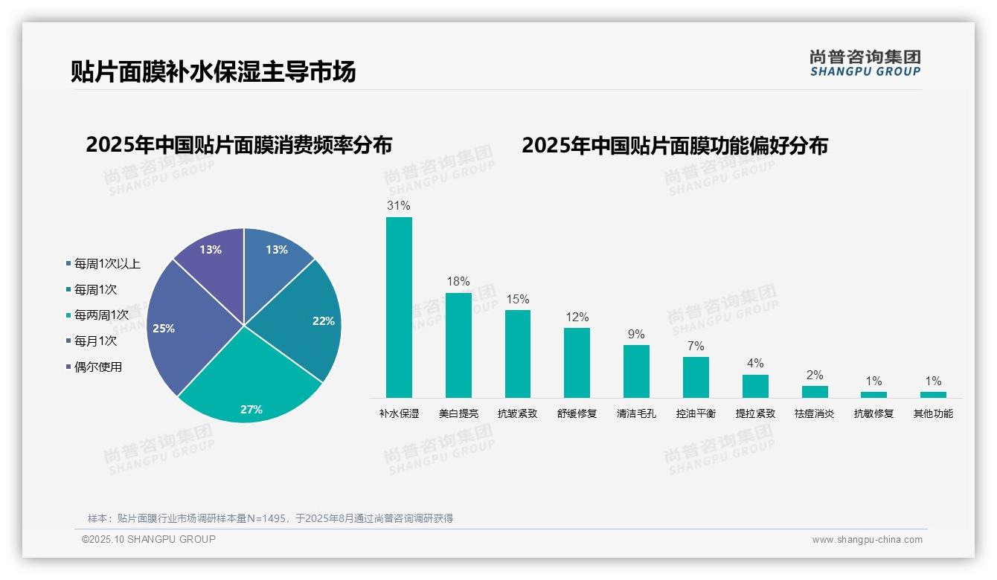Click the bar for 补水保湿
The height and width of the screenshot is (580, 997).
(399, 307)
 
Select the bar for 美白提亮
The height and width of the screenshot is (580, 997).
(458, 345)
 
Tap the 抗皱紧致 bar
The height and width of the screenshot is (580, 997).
(518, 353)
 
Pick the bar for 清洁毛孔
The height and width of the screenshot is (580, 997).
(636, 371)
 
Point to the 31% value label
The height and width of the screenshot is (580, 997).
(399, 205)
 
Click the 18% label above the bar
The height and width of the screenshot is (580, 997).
(458, 281)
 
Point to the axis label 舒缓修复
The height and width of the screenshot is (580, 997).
(577, 413)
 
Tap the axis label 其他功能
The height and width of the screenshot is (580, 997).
(933, 413)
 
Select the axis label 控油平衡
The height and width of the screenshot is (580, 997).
(696, 413)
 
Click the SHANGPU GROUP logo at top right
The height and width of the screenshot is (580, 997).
(865, 62)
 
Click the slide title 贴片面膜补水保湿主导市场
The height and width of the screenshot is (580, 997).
(213, 71)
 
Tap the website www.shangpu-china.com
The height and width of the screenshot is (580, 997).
(867, 540)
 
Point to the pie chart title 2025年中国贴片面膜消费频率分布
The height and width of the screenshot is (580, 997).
(239, 144)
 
